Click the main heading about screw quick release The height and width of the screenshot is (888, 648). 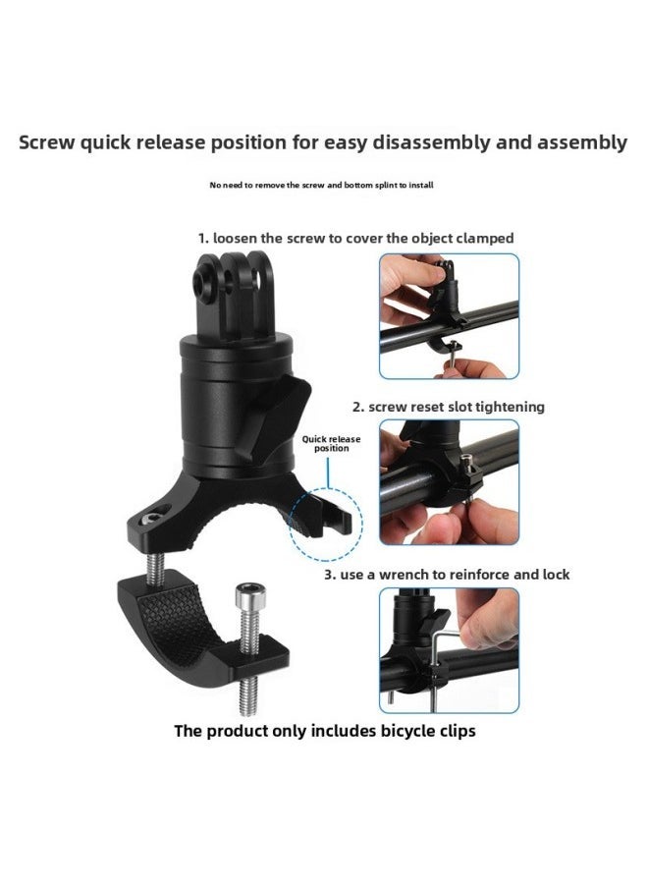point(323,142)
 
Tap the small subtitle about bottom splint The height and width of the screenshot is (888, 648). point(321,185)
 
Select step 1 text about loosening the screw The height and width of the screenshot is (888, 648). point(355,238)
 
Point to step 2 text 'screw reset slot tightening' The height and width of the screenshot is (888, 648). point(448,406)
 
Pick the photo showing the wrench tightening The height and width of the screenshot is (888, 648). point(449,650)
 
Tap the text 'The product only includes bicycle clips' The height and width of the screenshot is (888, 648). point(325,731)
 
